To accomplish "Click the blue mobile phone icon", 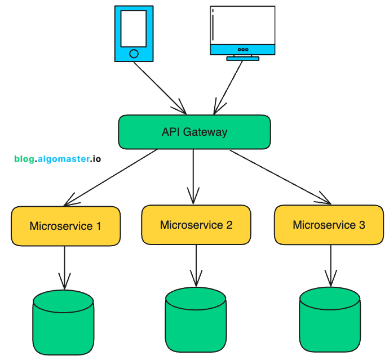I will (x=134, y=33).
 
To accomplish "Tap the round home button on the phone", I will (x=134, y=54).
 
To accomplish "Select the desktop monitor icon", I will (x=242, y=31).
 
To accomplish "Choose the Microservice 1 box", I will (x=65, y=226).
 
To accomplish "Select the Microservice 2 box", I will (x=196, y=225).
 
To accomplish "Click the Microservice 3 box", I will (x=329, y=225).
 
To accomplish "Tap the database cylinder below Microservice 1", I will (x=63, y=324).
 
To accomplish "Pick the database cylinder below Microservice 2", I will (x=196, y=321).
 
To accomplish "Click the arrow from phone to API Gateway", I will (x=159, y=86).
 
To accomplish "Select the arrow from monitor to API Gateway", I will (x=228, y=85).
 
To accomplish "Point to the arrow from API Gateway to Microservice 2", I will (x=193, y=175).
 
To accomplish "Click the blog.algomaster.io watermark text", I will (x=58, y=159).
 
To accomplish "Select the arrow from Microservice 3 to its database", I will (x=329, y=265).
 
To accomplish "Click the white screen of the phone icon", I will (x=134, y=28).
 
